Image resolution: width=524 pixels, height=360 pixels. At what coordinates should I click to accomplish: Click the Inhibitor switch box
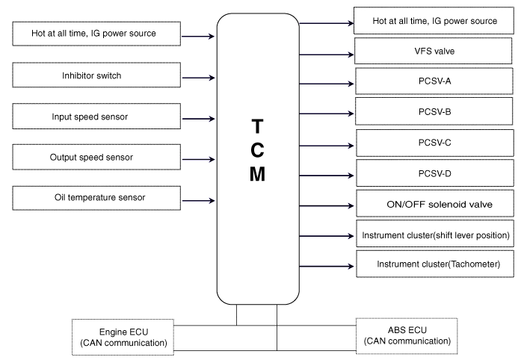coord(96,75)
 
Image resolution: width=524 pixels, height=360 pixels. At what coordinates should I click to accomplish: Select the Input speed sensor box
coord(96,117)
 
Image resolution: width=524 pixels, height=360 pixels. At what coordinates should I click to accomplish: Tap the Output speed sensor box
coord(96,157)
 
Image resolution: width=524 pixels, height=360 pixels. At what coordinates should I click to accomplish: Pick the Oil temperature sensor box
coord(96,198)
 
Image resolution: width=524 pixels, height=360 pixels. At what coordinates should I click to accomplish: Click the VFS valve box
coord(433,51)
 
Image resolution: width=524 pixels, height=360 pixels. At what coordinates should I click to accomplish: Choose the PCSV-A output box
coord(434,81)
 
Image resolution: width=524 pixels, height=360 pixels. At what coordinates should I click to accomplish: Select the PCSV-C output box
coord(435,143)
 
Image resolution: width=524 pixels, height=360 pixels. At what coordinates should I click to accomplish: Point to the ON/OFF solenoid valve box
coord(435,203)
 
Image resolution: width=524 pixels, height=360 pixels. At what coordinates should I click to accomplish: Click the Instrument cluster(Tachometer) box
coord(435,264)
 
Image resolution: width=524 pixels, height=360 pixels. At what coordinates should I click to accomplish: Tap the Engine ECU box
coord(123,337)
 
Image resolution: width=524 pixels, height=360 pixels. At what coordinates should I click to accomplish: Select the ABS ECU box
coord(407,336)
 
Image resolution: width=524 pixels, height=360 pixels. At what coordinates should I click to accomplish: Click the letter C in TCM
coord(257,150)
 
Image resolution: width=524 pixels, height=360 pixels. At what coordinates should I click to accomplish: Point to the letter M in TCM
coord(257,174)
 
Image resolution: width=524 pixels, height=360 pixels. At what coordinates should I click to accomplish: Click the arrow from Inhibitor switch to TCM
coord(199,78)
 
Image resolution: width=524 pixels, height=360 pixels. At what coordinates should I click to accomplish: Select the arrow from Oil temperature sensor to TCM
coord(199,201)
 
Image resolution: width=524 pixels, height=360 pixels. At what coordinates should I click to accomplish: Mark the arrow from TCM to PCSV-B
coord(327,114)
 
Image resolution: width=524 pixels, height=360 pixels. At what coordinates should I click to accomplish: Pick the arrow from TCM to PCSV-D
coord(327,176)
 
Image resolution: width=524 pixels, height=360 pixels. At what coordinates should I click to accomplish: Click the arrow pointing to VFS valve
coord(327,55)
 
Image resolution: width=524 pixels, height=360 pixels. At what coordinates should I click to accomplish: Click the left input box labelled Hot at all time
coord(96,34)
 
